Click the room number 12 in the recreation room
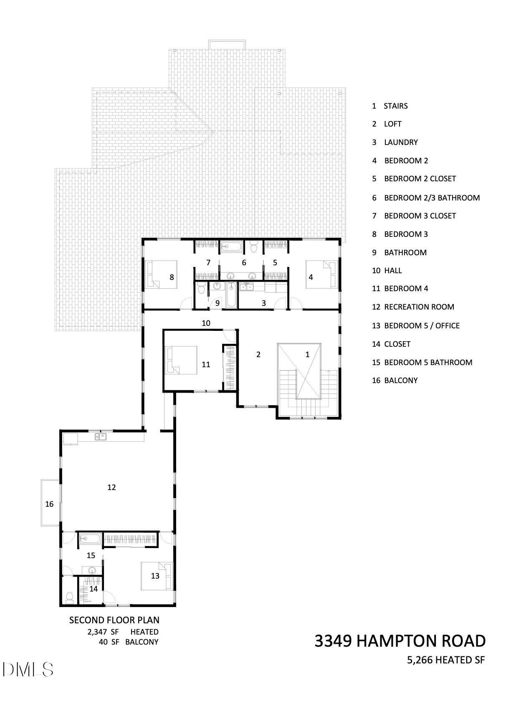(111, 487)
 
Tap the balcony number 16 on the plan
(49, 504)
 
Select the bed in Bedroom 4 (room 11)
(181, 360)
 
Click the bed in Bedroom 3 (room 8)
(160, 274)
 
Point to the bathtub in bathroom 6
(232, 247)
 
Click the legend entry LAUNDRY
(401, 142)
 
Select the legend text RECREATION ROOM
(419, 307)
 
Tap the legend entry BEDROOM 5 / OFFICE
(422, 326)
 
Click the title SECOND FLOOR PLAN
(114, 620)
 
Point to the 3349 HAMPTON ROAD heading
(400, 641)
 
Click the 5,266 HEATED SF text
(446, 660)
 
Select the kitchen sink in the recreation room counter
(101, 436)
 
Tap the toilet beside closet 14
(69, 598)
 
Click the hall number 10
(206, 323)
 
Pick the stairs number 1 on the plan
(307, 354)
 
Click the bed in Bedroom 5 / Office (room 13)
(157, 576)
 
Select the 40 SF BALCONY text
(129, 642)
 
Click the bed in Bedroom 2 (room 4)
(322, 274)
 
